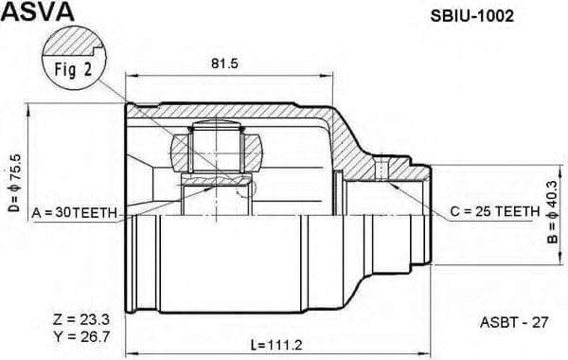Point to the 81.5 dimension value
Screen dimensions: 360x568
tap(224, 65)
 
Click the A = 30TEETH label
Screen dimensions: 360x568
tap(74, 213)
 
